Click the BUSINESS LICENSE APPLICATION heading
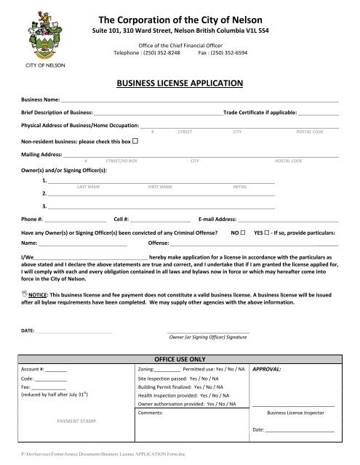(x=180, y=84)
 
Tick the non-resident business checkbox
(x=136, y=139)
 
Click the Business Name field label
(x=41, y=100)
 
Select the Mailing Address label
(x=41, y=155)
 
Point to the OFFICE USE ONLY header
(x=180, y=359)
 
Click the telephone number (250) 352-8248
(x=161, y=53)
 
